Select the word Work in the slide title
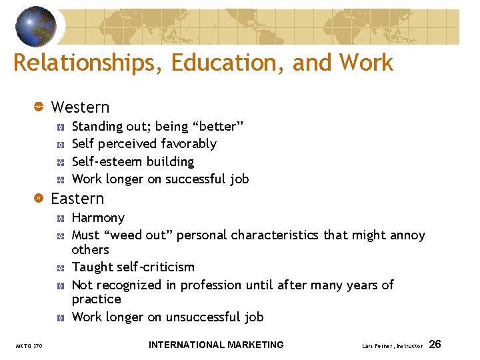pos(366,63)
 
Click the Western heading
pos(80,107)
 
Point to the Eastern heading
pos(77,199)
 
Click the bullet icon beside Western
pos(39,107)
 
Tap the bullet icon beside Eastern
pos(39,199)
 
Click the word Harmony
pos(98,218)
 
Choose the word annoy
pos(407,235)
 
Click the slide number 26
pos(435,345)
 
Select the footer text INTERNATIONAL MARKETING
pos(216,345)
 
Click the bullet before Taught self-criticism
pos(60,268)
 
